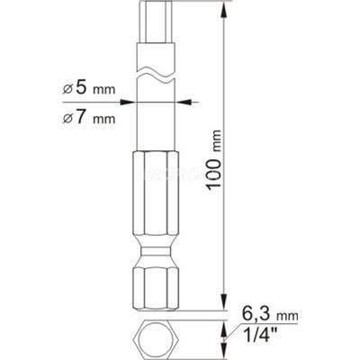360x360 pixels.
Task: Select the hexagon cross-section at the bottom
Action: coord(148,340)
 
